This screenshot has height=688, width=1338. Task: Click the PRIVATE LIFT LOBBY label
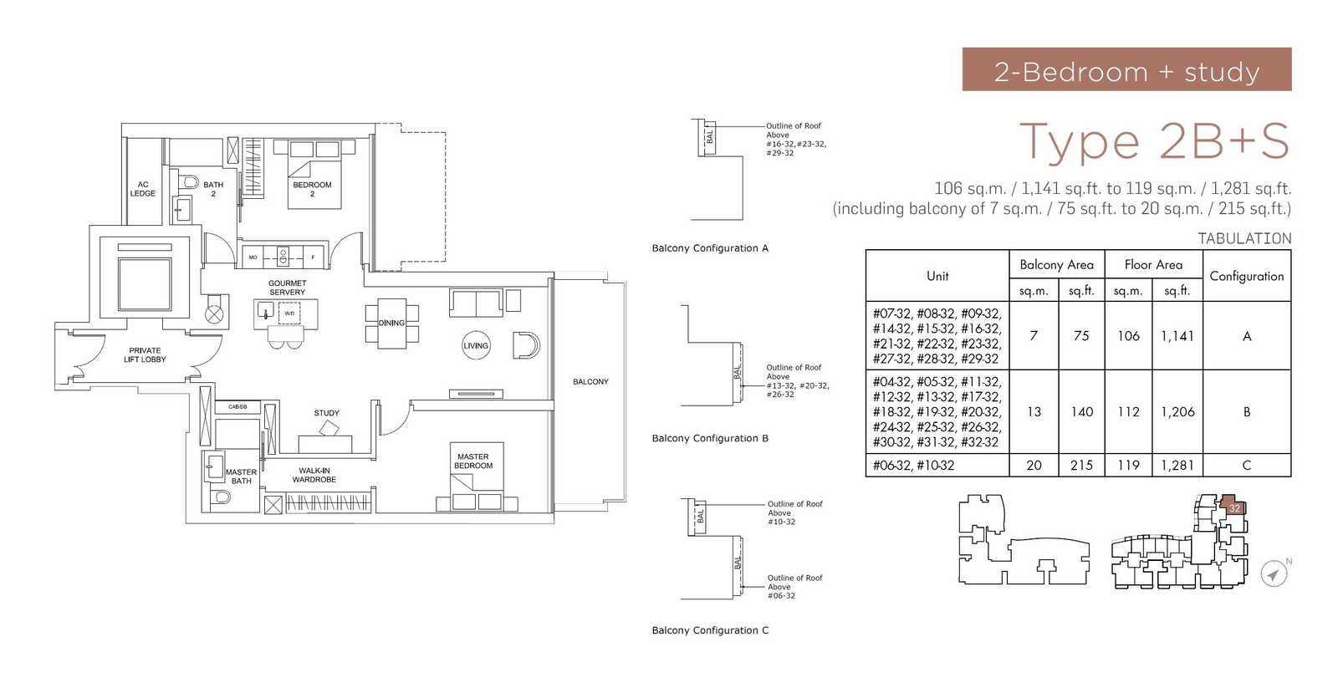(x=145, y=355)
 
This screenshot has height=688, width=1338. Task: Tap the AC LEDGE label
(x=142, y=189)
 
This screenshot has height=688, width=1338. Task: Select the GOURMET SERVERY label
(x=287, y=288)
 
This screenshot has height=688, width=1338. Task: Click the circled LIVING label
(x=476, y=345)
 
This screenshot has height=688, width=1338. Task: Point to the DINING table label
(x=391, y=323)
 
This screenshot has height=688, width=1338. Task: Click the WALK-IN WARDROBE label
(x=314, y=475)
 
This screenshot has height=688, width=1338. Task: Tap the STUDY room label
(x=326, y=413)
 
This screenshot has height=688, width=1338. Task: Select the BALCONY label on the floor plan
(x=590, y=381)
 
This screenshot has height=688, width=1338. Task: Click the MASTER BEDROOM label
(x=473, y=461)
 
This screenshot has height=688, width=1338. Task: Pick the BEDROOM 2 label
(x=312, y=189)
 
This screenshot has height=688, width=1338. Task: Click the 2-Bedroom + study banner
(x=1126, y=69)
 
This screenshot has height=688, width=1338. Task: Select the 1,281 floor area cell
(x=1177, y=466)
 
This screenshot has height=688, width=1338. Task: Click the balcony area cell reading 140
(x=1081, y=412)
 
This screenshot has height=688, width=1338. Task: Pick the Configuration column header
(x=1246, y=276)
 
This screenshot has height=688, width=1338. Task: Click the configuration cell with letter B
(x=1246, y=412)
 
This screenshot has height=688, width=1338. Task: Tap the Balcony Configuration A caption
(x=709, y=248)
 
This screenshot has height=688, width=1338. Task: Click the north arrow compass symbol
(x=1273, y=574)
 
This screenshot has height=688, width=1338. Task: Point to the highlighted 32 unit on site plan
(x=1233, y=507)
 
